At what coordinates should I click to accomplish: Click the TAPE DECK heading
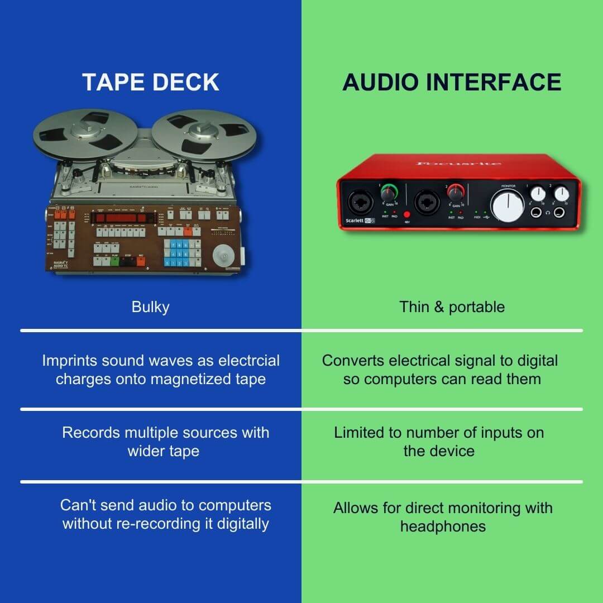[x=151, y=82]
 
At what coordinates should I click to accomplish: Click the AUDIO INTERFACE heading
[x=452, y=82]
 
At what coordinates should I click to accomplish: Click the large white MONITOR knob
[x=508, y=205]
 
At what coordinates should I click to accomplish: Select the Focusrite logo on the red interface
[x=459, y=164]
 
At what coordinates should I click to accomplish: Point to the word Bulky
[x=150, y=307]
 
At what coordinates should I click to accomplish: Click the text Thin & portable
[x=452, y=307]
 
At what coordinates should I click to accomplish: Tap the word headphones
[x=443, y=526]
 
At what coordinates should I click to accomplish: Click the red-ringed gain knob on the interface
[x=455, y=194]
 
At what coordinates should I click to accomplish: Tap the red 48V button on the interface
[x=406, y=214]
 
